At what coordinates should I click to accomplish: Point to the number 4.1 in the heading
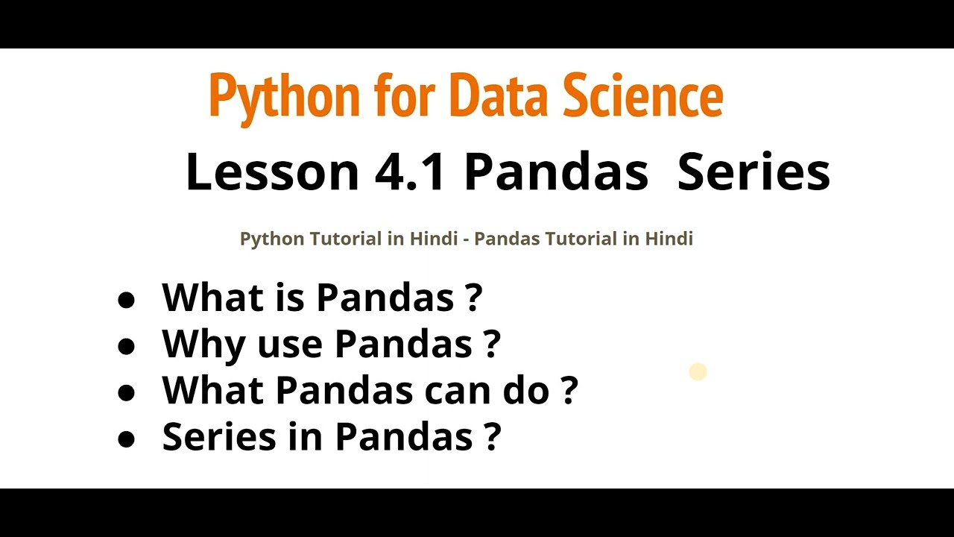[411, 172]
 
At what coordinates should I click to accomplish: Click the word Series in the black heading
[754, 172]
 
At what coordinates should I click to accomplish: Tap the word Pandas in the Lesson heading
[556, 172]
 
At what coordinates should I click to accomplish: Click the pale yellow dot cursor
[698, 371]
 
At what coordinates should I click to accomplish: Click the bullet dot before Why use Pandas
[127, 346]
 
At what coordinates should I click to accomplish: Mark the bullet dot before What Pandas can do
[127, 392]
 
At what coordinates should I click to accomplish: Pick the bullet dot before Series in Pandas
[127, 439]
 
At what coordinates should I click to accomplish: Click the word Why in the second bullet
[203, 344]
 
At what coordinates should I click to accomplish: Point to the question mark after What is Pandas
[473, 298]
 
